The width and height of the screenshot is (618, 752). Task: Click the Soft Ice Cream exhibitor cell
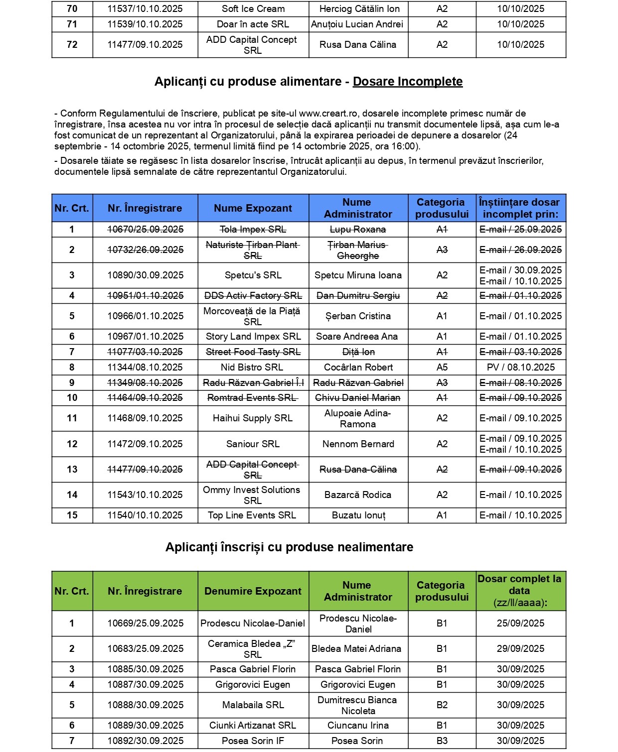[x=253, y=9]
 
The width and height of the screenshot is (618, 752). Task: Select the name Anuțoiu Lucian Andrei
[x=357, y=24]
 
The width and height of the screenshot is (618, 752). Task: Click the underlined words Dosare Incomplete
[x=408, y=82]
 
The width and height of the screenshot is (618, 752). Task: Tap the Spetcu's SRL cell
[x=253, y=275]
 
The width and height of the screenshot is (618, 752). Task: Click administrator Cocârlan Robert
[x=358, y=368]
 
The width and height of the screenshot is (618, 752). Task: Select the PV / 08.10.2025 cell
[x=520, y=368]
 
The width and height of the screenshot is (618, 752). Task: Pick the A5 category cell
[x=442, y=368]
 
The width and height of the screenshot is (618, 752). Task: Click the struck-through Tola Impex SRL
[x=253, y=230]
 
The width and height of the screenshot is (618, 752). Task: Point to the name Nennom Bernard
[x=358, y=444]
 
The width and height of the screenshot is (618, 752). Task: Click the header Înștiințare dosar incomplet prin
[x=520, y=208]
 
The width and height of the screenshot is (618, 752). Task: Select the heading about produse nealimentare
[x=289, y=547]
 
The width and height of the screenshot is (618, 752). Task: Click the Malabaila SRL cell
[x=253, y=705]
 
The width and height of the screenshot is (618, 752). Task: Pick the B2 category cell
[x=442, y=705]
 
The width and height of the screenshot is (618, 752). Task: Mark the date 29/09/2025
[x=520, y=649]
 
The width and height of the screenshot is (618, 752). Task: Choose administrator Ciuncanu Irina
[x=358, y=726]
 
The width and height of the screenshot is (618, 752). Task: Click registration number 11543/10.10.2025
[x=145, y=495]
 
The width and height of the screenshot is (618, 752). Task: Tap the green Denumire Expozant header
[x=253, y=591]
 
